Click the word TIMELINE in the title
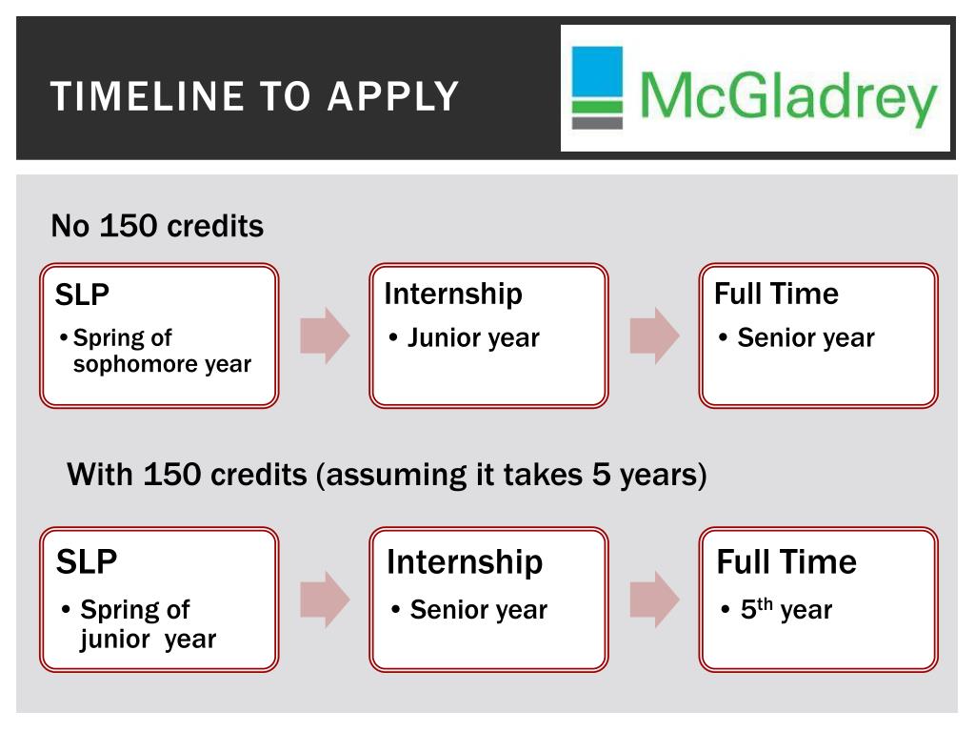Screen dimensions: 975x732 pos(148,96)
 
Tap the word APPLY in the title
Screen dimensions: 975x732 pos(393,96)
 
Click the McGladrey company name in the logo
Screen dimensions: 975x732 pos(787,96)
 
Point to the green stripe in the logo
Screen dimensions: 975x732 pos(597,107)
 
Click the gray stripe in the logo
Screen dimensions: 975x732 pos(597,123)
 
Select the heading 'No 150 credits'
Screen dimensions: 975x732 pos(157,225)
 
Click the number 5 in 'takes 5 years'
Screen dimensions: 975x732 pos(601,474)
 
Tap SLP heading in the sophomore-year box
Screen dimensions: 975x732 pos(82,295)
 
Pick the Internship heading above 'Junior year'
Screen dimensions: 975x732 pos(453,295)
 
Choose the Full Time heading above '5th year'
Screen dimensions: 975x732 pos(786,561)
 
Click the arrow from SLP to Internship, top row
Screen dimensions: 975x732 pos(325,335)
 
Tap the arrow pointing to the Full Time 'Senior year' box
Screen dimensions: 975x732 pos(654,335)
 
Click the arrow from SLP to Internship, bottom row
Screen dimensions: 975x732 pos(325,600)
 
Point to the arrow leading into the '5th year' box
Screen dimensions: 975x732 pos(654,600)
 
